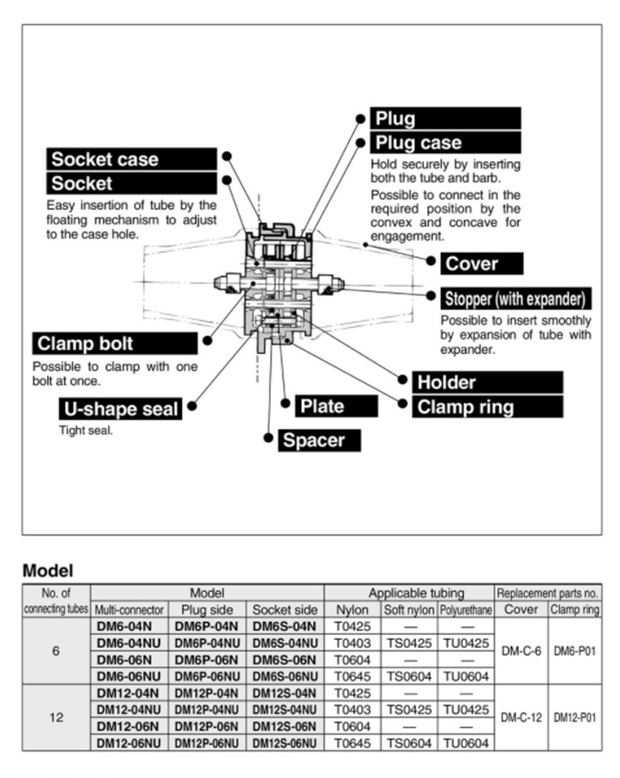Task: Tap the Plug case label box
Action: (x=445, y=143)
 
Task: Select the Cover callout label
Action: (x=481, y=264)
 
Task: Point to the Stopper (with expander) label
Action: (x=516, y=299)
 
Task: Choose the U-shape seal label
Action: (x=121, y=409)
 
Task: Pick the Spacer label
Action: (x=319, y=441)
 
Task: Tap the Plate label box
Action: (x=336, y=406)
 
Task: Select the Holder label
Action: (x=487, y=383)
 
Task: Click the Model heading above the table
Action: (x=48, y=570)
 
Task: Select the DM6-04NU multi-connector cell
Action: (x=129, y=643)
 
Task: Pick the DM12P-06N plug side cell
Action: (x=207, y=726)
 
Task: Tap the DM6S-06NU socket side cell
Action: (x=285, y=676)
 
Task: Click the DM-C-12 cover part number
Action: (x=521, y=718)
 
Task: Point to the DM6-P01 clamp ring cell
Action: (x=574, y=651)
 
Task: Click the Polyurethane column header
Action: (x=466, y=610)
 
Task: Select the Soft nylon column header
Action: (x=409, y=610)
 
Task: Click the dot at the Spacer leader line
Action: (x=268, y=438)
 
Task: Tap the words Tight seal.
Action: (x=86, y=430)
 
